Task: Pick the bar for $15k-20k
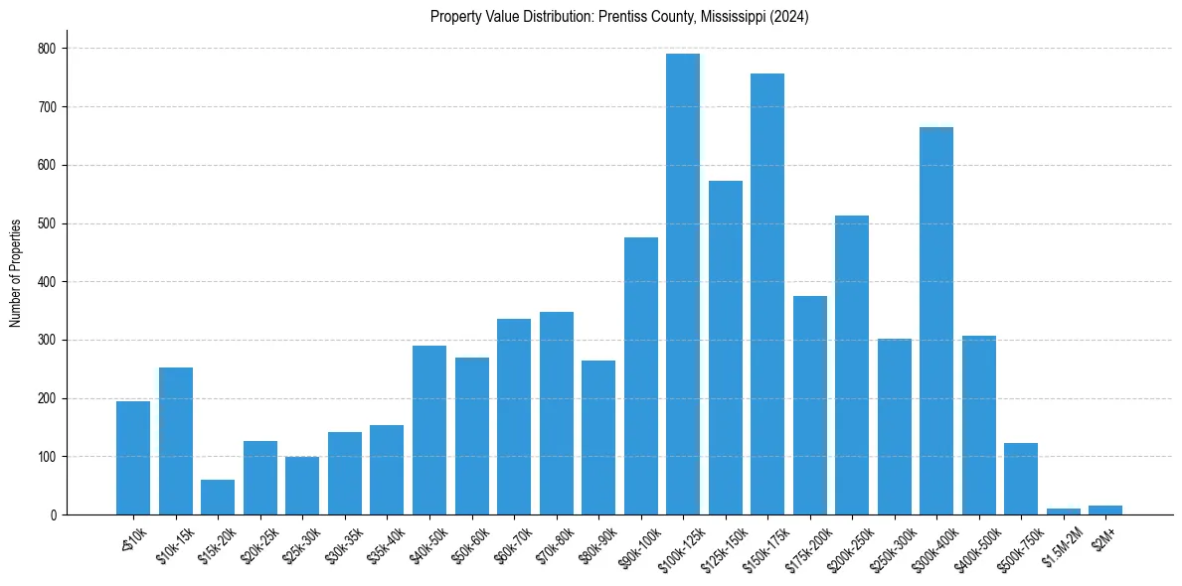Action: click(218, 498)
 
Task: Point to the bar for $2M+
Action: click(1105, 511)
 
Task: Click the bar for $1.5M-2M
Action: click(1063, 512)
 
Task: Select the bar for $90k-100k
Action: click(641, 376)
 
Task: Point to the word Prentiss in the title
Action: click(619, 17)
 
